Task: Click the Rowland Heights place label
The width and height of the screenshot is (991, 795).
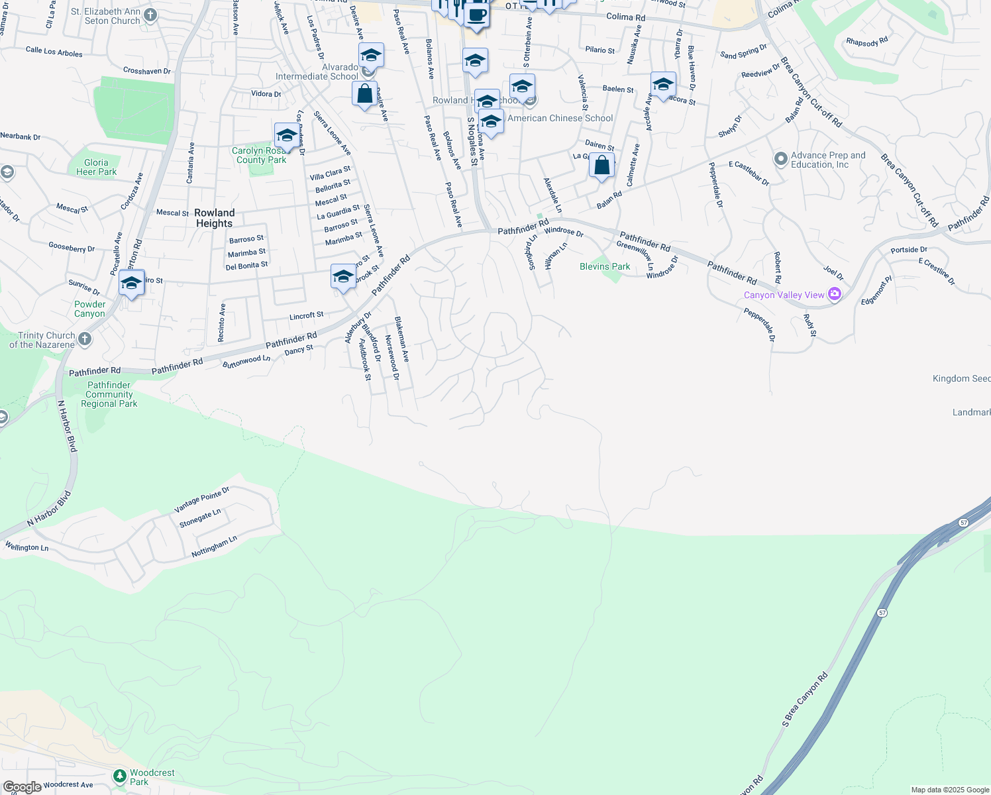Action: (214, 218)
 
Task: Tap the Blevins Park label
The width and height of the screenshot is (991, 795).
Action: (605, 266)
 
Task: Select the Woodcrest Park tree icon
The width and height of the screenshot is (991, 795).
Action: (119, 776)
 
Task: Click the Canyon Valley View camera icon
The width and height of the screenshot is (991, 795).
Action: (835, 294)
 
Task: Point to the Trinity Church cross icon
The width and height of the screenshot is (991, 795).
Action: (85, 339)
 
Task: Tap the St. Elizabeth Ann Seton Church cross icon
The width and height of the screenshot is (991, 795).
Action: (150, 15)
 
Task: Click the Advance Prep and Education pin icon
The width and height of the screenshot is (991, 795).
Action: (780, 159)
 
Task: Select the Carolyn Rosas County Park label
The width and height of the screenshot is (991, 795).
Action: (261, 155)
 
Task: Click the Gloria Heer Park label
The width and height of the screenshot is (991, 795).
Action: (96, 167)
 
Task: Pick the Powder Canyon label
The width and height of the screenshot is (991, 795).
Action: (89, 309)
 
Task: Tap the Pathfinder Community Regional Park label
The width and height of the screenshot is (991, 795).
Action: (109, 394)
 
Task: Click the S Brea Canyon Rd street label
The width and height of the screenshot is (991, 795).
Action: (805, 700)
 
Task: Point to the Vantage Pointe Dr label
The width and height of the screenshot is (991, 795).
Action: (201, 500)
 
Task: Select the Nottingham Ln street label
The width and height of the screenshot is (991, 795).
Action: (214, 547)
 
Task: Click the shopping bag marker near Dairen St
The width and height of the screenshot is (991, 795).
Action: (601, 166)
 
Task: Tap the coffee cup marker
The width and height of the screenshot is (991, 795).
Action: (476, 15)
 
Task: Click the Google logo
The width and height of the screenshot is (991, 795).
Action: (22, 787)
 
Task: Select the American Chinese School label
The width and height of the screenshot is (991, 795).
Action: (560, 118)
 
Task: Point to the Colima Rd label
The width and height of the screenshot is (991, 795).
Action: (625, 17)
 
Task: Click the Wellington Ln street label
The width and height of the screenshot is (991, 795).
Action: (26, 547)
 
